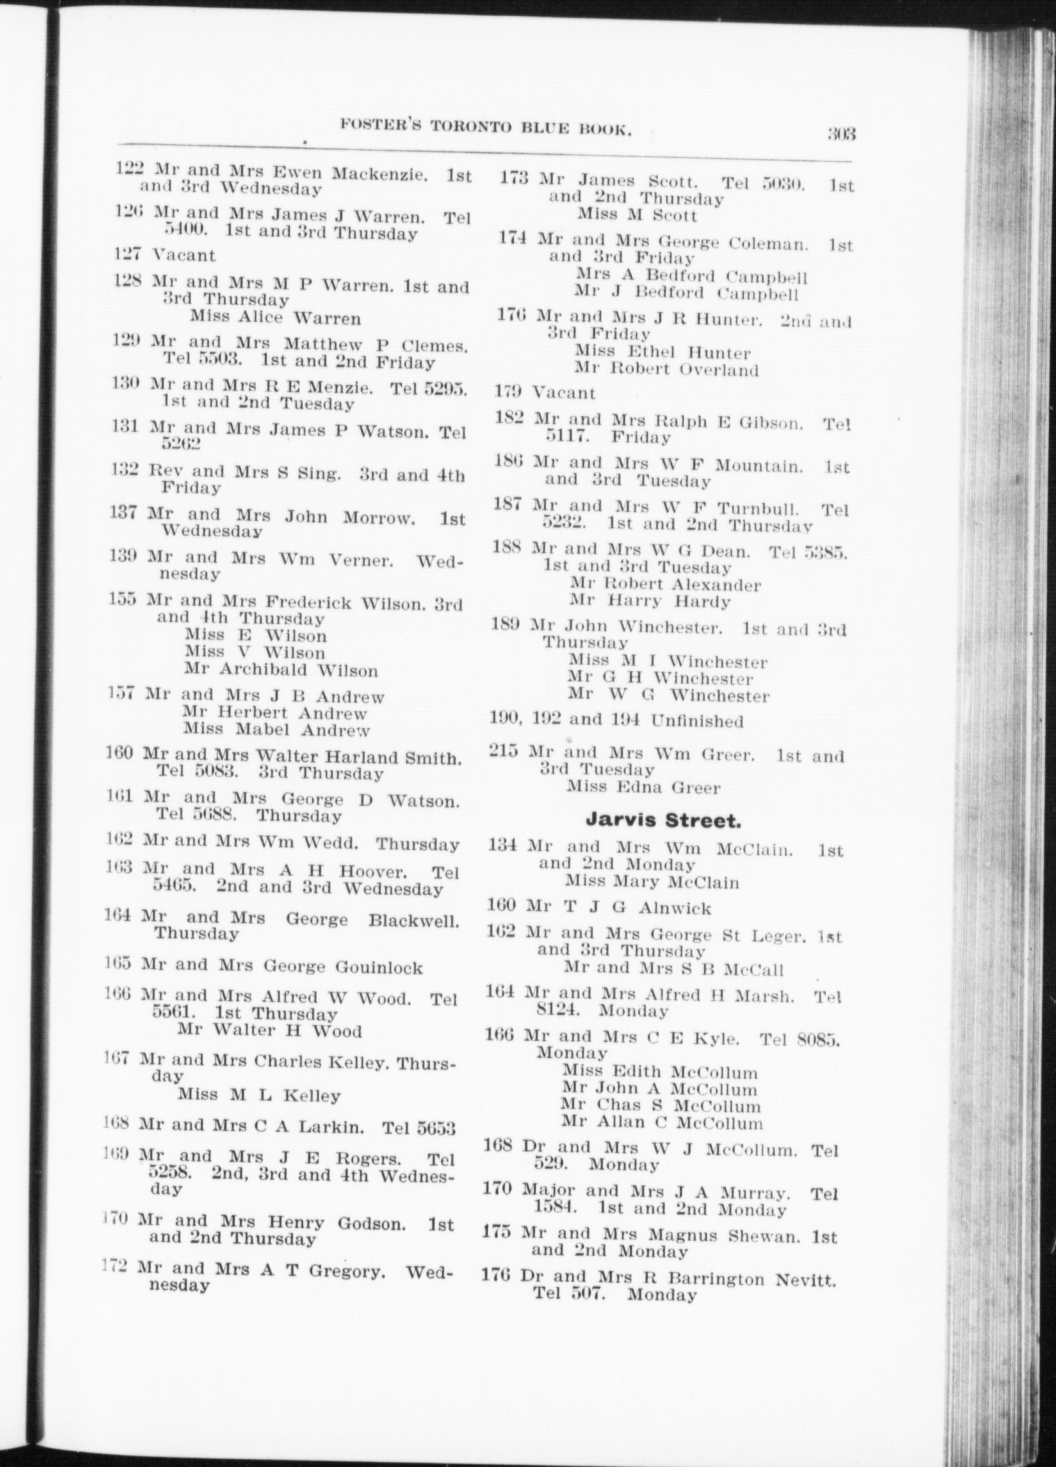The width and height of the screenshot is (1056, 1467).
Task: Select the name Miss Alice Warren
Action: [275, 318]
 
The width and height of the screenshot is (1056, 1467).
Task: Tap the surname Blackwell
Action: [414, 921]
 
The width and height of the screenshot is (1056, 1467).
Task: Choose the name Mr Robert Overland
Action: [667, 370]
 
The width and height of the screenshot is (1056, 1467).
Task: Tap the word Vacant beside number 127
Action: [183, 255]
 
